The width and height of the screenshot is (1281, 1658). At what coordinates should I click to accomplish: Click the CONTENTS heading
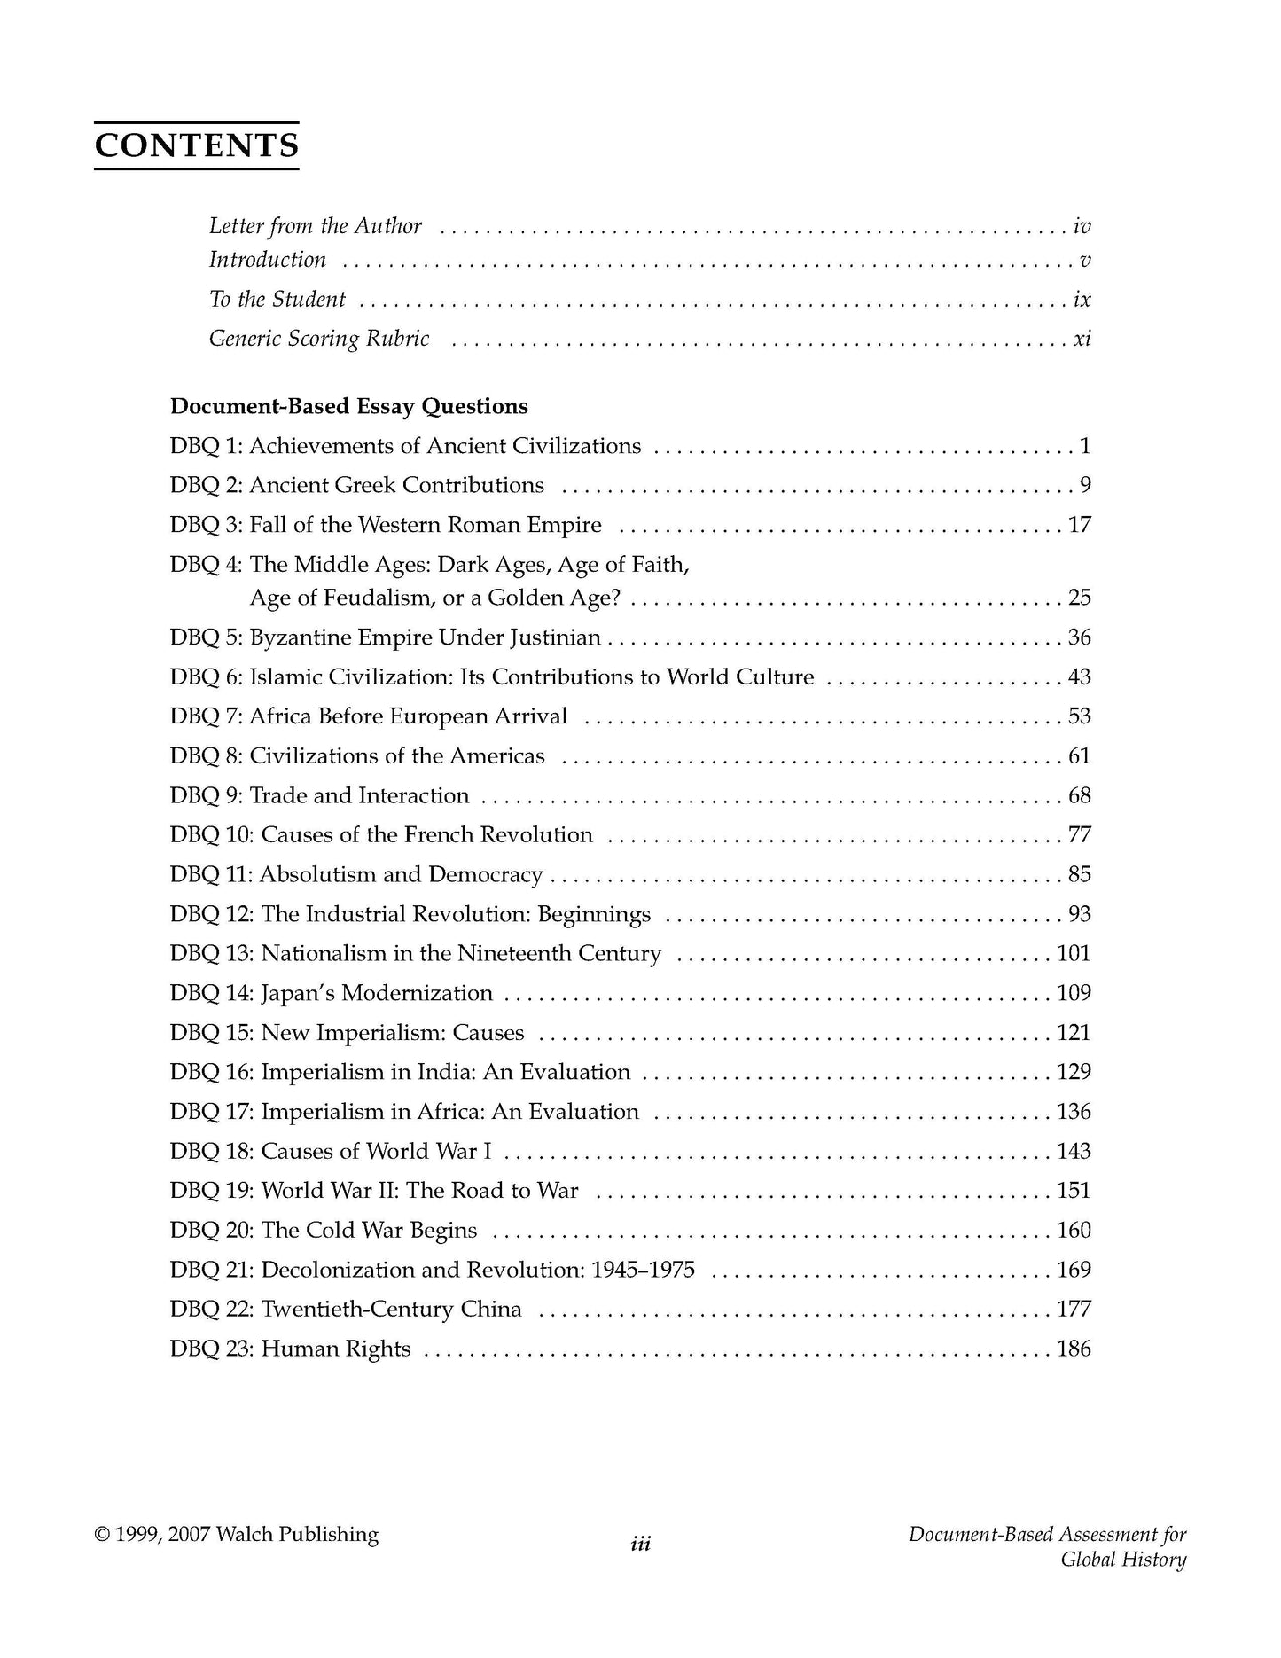tap(196, 145)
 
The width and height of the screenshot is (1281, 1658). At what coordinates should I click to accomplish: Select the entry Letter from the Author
tap(315, 226)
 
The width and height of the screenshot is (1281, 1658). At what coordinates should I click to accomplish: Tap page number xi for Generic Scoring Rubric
tap(1082, 339)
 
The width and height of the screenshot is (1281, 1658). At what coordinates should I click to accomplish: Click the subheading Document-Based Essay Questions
tap(348, 406)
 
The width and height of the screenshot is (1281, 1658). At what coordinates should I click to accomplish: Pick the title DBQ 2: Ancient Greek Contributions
tap(356, 485)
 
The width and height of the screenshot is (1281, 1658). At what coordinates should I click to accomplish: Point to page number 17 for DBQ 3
tap(1079, 525)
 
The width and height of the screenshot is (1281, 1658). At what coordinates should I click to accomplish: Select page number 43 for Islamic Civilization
tap(1079, 677)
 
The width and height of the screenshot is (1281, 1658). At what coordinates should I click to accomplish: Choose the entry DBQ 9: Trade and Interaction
tap(319, 795)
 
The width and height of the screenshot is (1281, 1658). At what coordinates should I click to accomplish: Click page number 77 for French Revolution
tap(1079, 835)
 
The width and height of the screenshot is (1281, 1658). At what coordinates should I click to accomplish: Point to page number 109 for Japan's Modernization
tap(1074, 993)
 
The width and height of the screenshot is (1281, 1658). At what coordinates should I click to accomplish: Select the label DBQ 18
tap(212, 1152)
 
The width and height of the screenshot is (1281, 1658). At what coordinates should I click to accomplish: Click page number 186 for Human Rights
tap(1074, 1349)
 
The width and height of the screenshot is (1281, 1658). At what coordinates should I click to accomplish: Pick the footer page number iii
tap(640, 1545)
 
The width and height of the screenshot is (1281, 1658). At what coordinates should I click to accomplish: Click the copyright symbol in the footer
tap(102, 1535)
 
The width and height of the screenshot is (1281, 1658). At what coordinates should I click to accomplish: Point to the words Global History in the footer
tap(1123, 1560)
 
